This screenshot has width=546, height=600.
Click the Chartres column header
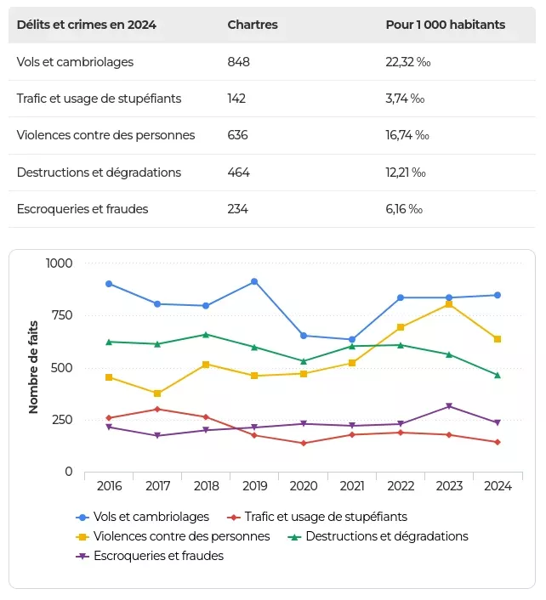[x=253, y=25]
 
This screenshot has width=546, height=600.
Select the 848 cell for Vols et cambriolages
[x=239, y=62]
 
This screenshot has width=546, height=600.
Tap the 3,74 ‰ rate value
[x=405, y=99]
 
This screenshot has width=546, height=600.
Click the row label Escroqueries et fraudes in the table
[x=82, y=209]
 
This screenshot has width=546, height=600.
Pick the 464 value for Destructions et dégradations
[x=239, y=173]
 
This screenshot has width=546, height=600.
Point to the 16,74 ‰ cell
[x=407, y=135]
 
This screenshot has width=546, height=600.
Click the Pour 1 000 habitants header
[x=445, y=25]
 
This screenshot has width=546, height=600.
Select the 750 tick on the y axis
[x=60, y=315]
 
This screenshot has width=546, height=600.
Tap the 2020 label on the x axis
[x=304, y=486]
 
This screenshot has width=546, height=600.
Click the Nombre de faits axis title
[x=33, y=366]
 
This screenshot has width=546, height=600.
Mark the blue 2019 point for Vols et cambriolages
[x=254, y=281]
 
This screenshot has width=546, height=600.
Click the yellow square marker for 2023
[x=449, y=304]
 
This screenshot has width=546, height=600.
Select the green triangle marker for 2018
[x=206, y=334]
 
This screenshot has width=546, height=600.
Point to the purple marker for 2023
[x=449, y=406]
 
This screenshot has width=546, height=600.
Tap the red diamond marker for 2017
[x=157, y=410]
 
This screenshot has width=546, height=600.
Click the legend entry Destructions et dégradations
[x=386, y=536]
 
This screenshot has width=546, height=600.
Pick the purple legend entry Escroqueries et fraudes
[x=158, y=556]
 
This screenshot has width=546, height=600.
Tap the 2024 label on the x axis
[x=498, y=486]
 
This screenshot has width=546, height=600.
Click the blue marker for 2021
[x=352, y=340]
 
